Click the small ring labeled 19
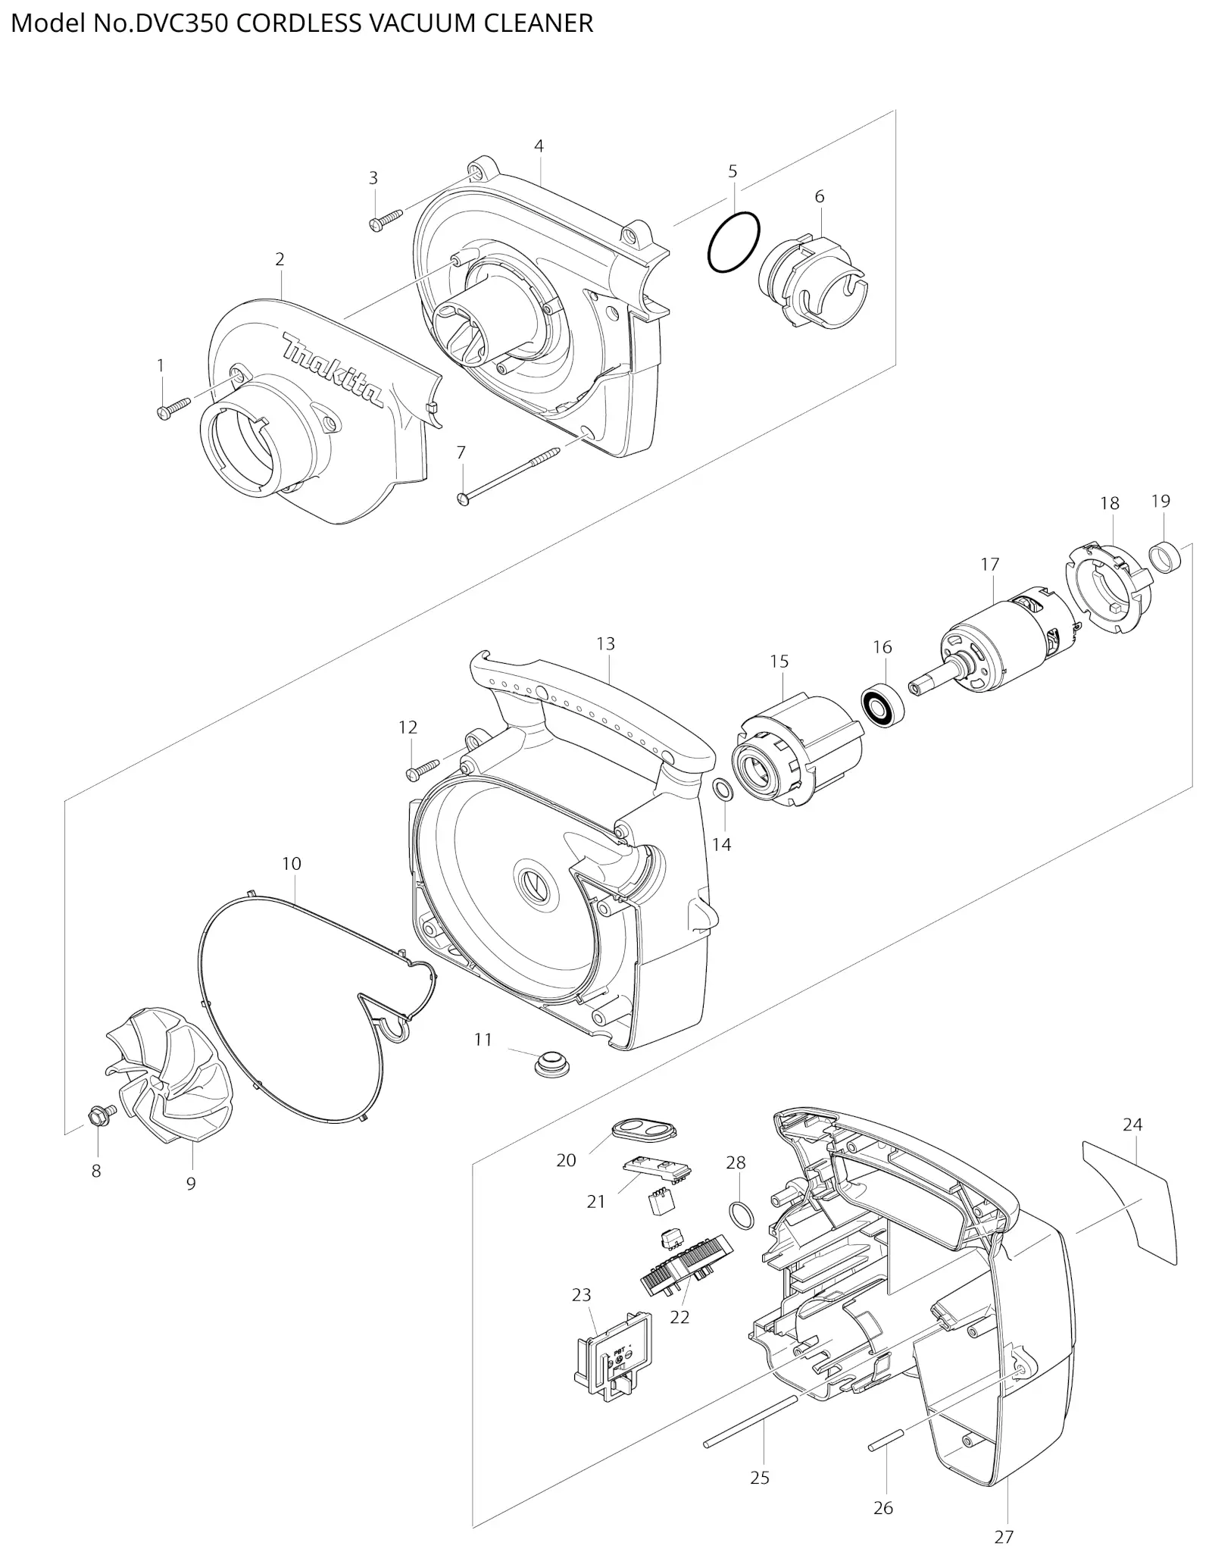1165,558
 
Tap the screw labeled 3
386,221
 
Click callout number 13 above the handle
605,643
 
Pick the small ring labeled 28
742,1215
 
